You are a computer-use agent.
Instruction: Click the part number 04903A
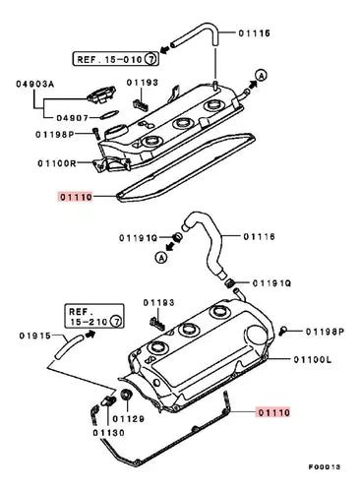35,85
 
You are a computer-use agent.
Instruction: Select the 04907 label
73,118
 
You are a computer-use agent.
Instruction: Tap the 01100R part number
57,163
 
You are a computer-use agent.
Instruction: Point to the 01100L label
313,360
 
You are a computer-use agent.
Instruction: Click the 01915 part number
35,336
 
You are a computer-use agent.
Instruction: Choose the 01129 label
129,419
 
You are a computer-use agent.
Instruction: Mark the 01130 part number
108,433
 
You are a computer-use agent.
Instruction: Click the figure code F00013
325,466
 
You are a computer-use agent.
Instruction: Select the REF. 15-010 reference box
116,59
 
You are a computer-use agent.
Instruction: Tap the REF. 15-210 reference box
94,316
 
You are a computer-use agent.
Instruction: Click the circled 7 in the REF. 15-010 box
151,59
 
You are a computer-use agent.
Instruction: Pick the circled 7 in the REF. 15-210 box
116,321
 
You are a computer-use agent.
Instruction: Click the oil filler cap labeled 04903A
101,94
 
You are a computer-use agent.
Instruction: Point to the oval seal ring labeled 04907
108,114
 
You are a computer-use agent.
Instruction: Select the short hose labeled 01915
69,347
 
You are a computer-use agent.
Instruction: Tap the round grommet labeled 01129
126,395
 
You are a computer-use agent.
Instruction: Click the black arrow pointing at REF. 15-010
165,50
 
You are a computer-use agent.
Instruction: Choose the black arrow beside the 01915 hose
90,335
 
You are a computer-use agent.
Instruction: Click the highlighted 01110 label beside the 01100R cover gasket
75,197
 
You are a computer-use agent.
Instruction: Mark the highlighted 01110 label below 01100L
273,412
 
